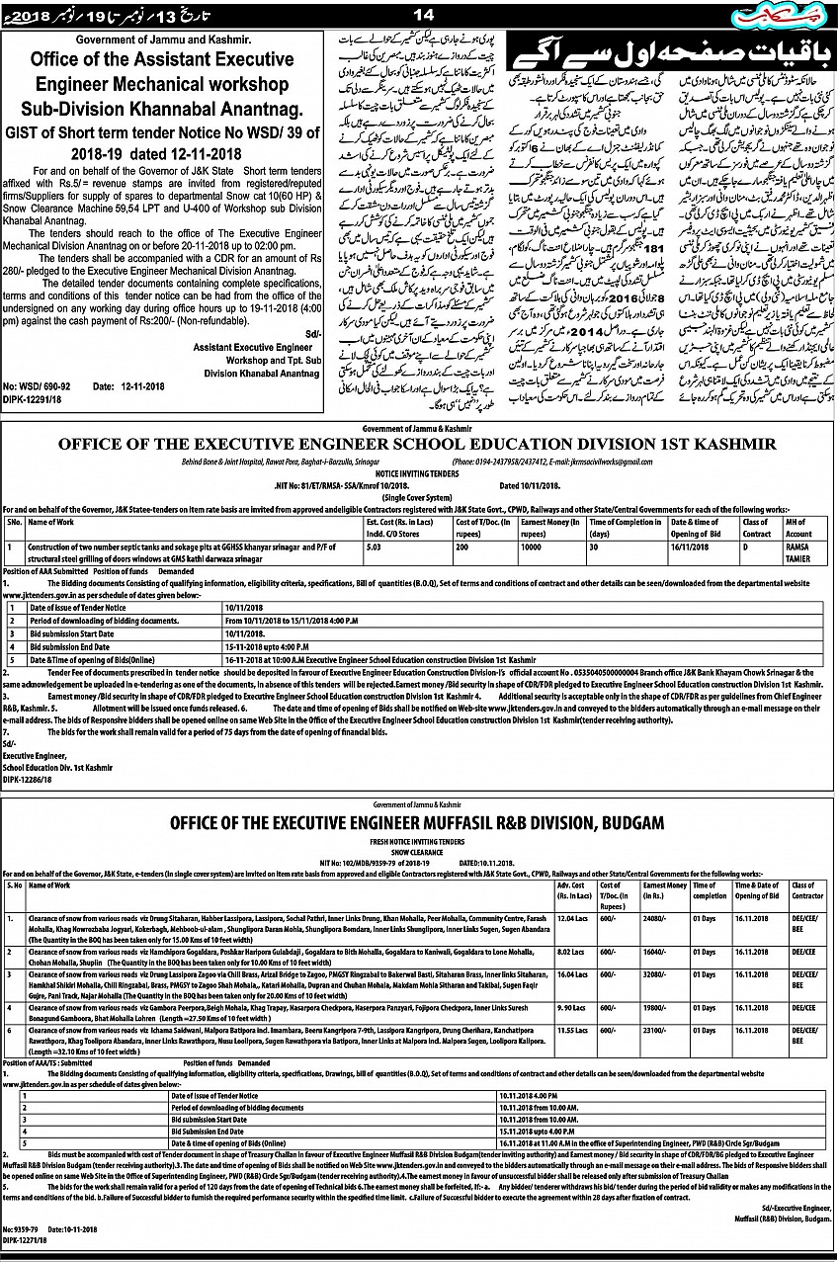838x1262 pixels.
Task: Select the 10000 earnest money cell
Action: [x=534, y=545]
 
